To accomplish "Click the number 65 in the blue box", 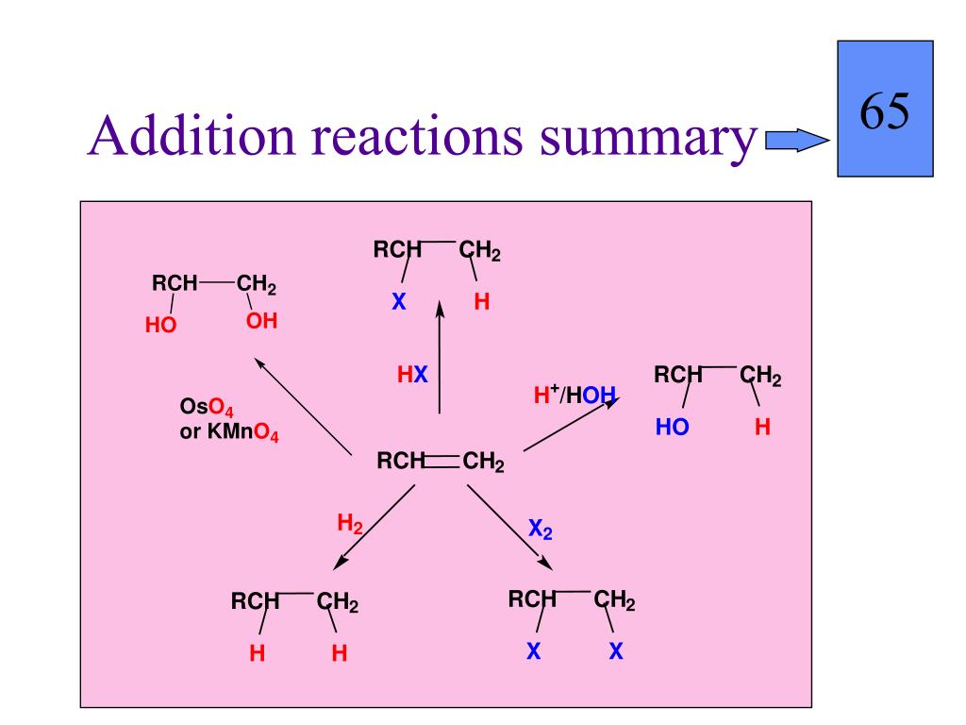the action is tap(884, 112).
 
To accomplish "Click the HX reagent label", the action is tap(412, 376).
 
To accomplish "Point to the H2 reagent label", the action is tap(350, 524).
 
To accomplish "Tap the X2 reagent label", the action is tap(541, 531).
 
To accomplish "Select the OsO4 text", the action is tap(207, 408).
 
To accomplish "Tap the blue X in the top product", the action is tap(398, 304).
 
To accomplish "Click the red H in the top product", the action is tap(482, 304).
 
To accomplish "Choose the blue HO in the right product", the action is tap(673, 428).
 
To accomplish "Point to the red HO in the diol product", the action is tap(161, 325).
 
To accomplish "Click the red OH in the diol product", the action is tap(262, 322).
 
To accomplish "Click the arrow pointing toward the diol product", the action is tap(301, 404).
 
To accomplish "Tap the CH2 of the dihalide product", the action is tap(614, 600).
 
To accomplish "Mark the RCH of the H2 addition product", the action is tap(255, 602).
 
